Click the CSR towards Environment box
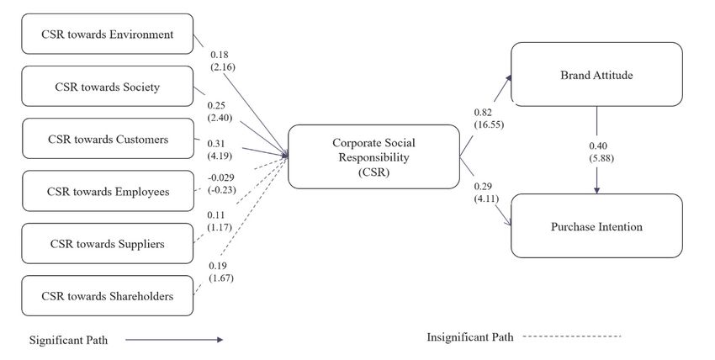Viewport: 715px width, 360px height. pos(107,34)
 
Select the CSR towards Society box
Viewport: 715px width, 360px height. pos(107,87)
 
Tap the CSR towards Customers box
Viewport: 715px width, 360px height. pos(107,139)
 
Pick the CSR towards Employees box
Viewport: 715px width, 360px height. pos(107,192)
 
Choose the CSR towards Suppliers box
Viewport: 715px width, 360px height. pos(107,244)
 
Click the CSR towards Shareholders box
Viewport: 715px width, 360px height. pos(107,296)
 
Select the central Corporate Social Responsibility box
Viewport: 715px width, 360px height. pos(373,156)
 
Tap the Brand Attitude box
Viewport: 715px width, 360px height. pos(596,76)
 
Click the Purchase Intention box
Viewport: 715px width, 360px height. pos(596,225)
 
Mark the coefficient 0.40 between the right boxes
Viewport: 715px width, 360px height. pos(599,145)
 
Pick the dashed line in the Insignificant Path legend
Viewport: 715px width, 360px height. pos(572,336)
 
